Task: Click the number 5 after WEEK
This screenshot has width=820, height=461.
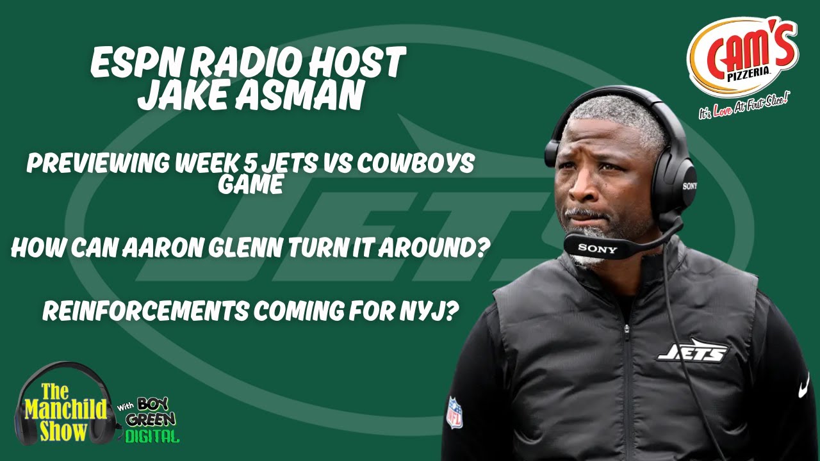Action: click(254, 164)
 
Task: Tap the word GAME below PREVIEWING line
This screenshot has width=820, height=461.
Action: click(250, 185)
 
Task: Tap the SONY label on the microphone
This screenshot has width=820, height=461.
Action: click(597, 248)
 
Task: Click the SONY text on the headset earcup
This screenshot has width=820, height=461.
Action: click(689, 186)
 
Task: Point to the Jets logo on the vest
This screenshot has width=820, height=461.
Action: click(693, 350)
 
